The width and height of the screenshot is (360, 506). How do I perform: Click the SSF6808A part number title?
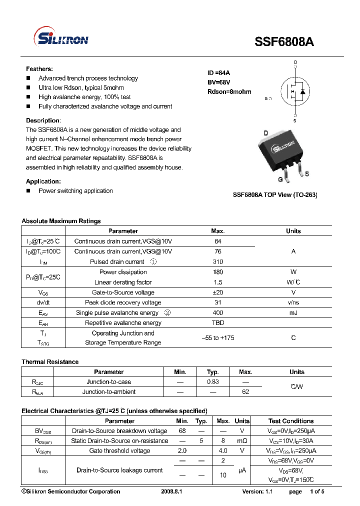(285, 42)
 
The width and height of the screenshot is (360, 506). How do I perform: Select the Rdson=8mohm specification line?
(229, 91)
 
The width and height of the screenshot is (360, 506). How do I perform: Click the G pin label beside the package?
(280, 179)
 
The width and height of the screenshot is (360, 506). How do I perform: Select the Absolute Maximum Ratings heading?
(61, 221)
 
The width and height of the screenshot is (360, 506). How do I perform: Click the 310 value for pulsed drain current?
(218, 261)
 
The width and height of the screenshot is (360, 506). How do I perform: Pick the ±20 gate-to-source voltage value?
(218, 292)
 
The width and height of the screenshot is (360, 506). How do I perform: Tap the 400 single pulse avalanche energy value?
(218, 313)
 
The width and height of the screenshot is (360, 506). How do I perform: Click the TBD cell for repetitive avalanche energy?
(218, 323)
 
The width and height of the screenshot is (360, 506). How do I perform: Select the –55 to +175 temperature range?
(218, 338)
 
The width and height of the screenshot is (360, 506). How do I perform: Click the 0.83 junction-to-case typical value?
(213, 382)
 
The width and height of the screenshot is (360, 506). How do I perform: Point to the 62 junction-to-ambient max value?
(245, 392)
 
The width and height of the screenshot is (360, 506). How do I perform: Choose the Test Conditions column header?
(291, 421)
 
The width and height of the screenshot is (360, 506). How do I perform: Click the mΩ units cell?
(242, 441)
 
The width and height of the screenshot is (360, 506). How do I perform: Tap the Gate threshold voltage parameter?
(119, 451)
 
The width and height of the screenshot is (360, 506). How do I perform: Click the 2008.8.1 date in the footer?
(171, 491)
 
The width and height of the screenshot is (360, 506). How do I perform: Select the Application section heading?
(43, 181)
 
